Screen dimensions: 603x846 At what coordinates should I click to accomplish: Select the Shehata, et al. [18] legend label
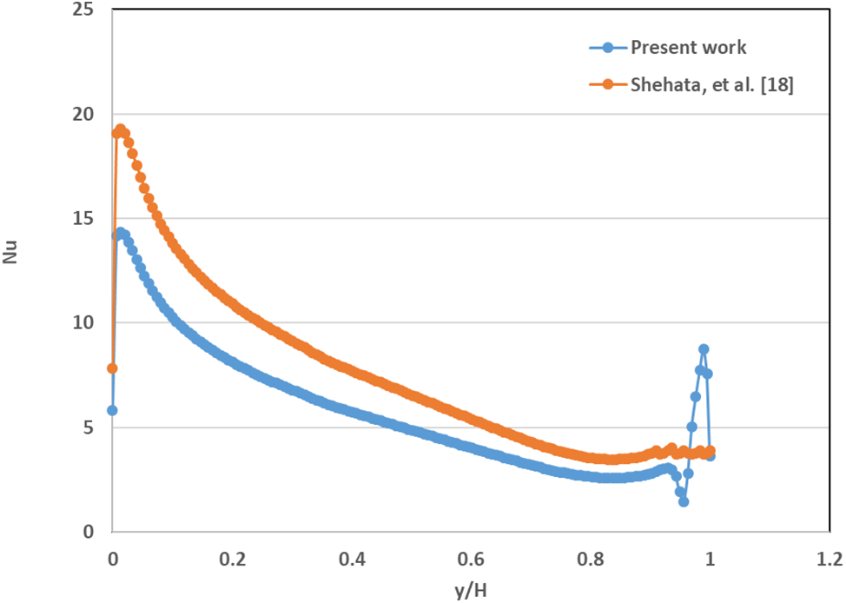[x=711, y=84]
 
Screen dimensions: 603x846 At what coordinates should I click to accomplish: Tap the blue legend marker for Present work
[x=609, y=47]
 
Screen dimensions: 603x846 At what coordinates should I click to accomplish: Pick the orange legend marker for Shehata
[x=609, y=84]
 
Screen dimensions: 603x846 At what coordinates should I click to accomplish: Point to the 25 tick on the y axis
[x=87, y=10]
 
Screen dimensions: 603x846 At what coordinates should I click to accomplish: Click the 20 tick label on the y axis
[x=87, y=115]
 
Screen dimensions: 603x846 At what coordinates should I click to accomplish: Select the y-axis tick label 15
[x=87, y=219]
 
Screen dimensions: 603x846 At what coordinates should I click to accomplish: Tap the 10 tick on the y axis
[x=87, y=323]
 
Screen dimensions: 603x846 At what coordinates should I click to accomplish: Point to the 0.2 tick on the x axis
[x=232, y=558]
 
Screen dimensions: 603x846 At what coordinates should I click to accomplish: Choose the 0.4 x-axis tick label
[x=352, y=558]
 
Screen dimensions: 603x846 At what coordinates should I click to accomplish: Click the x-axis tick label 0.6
[x=471, y=558]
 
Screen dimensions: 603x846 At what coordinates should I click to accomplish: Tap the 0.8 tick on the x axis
[x=591, y=558]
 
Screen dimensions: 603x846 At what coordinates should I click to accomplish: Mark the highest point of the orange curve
[x=120, y=129]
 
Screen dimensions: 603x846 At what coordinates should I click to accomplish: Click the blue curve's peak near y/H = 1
[x=704, y=349]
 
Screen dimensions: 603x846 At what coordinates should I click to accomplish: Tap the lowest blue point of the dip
[x=684, y=501]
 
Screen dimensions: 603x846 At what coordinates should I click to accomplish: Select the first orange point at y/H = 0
[x=112, y=368]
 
